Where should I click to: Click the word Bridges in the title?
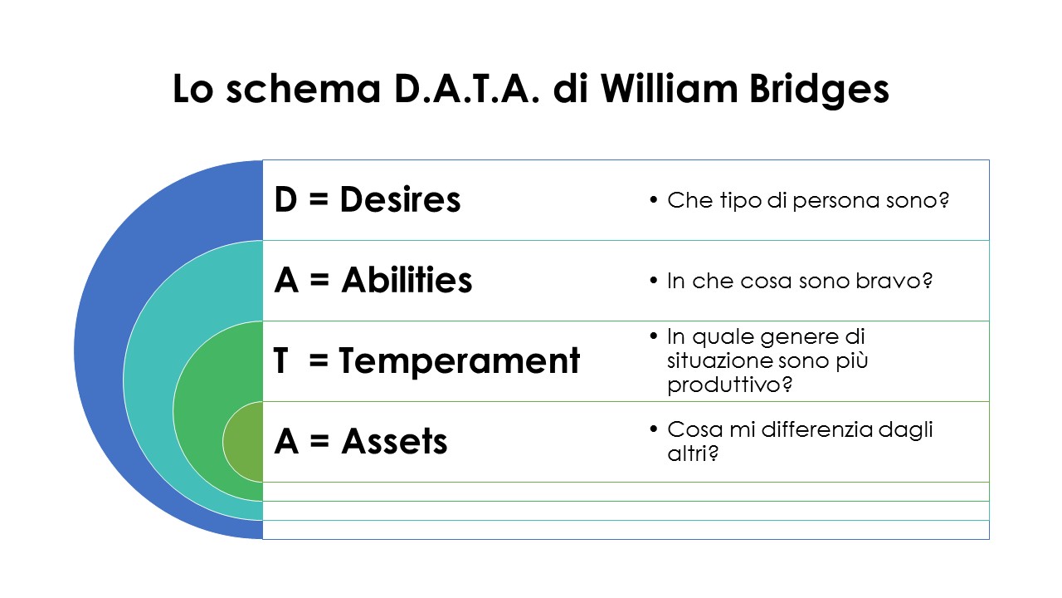tap(819, 90)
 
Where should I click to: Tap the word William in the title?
tap(670, 88)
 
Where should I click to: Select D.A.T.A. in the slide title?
tap(467, 89)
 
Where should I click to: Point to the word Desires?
tap(400, 199)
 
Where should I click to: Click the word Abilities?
tap(407, 280)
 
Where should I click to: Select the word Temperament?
tap(460, 360)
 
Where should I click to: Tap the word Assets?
tap(394, 441)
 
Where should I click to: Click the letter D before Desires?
tap(285, 199)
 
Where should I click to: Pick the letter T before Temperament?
tap(280, 360)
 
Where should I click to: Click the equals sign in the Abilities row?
tap(319, 280)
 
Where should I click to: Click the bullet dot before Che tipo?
tap(654, 200)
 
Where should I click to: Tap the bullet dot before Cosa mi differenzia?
tap(654, 429)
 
